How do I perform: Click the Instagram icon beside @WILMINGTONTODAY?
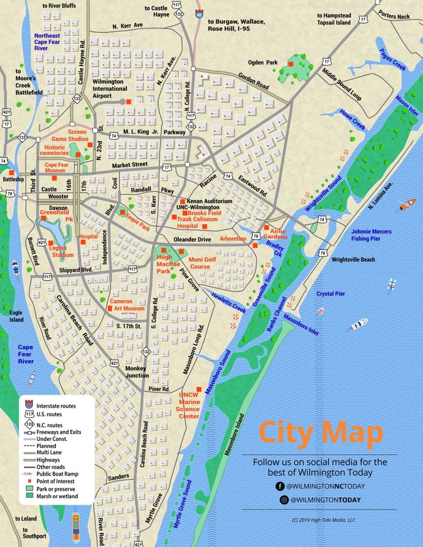(284, 499)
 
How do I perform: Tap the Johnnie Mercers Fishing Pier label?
(372, 235)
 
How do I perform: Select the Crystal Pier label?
(330, 293)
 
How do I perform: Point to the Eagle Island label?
(16, 316)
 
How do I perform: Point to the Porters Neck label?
(394, 16)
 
